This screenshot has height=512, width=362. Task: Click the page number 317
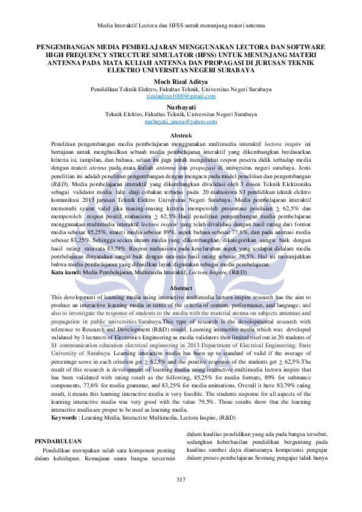181,480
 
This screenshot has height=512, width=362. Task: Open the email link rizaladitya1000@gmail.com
181,97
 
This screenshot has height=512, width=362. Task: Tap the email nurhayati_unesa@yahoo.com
181,122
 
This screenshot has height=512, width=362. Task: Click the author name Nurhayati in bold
181,106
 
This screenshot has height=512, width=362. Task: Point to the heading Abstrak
181,134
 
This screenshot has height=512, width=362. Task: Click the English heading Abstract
181,288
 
